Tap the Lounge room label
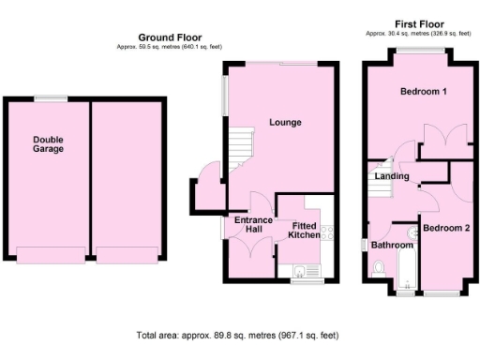point(284,122)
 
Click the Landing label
point(391,175)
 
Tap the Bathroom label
point(391,245)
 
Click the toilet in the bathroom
point(379,269)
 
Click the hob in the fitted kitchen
point(327,233)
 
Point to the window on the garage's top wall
point(51,97)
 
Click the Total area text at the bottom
point(236,335)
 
